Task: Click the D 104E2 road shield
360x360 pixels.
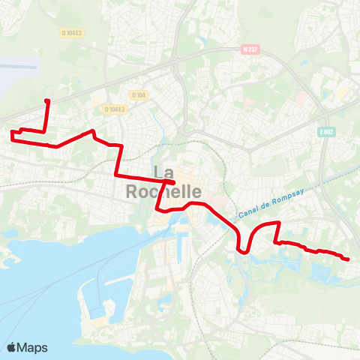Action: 72,33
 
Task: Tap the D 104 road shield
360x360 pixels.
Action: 138,94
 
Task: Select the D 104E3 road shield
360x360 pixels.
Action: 114,109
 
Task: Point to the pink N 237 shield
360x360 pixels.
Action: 250,50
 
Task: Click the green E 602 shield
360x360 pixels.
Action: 325,132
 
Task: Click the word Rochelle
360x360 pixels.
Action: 163,192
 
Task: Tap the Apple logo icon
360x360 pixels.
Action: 12,347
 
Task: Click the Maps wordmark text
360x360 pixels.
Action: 33,347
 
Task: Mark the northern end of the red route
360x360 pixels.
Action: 47,100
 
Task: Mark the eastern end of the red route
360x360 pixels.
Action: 348,259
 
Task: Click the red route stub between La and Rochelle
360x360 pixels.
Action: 170,182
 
